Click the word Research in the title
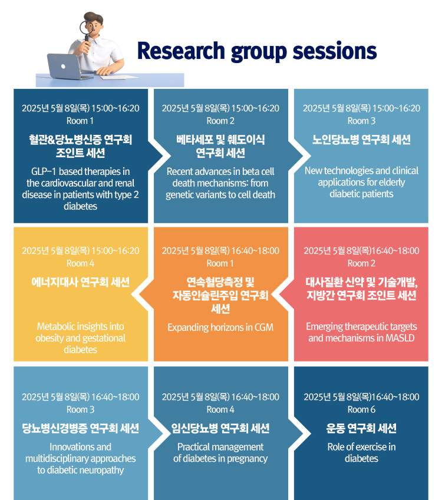181,51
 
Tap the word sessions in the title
335,51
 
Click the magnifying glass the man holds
87,30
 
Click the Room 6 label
361,409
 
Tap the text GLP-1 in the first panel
44,171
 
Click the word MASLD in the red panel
400,338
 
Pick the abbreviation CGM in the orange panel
263,327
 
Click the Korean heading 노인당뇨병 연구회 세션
361,140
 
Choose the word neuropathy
103,471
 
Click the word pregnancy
248,459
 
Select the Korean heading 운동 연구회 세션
361,428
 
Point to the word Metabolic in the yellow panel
55,326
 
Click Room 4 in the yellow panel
80,263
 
